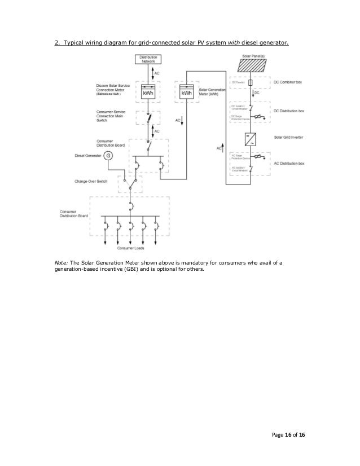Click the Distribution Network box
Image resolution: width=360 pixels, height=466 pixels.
point(148,59)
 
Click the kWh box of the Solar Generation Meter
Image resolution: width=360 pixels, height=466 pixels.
point(186,92)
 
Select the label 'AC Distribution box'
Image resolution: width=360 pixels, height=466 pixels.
point(289,163)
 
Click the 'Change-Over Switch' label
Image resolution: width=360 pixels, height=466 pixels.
point(92,182)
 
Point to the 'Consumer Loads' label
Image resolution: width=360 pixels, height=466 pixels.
point(130,248)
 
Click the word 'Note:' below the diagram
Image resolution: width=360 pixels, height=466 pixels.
point(61,263)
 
